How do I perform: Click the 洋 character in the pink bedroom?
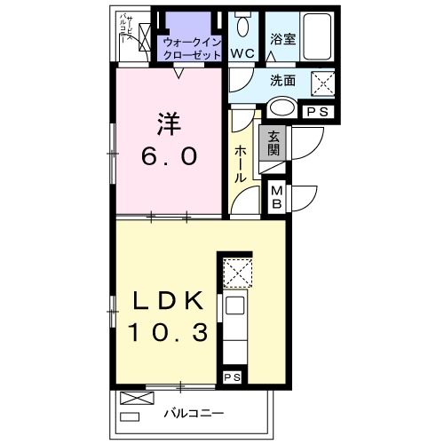coord(163,123)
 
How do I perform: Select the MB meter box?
coord(276,196)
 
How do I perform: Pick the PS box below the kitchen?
coord(233,378)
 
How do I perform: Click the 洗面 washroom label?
coord(284,79)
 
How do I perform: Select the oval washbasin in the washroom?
coord(281,108)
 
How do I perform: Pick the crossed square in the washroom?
coord(321,83)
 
